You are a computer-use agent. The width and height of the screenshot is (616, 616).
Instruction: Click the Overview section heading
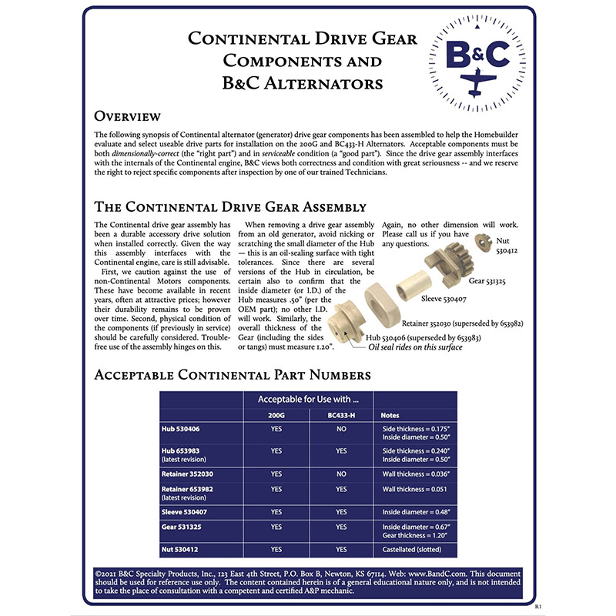[127, 116]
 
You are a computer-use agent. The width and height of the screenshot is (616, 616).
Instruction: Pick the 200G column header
[276, 415]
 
